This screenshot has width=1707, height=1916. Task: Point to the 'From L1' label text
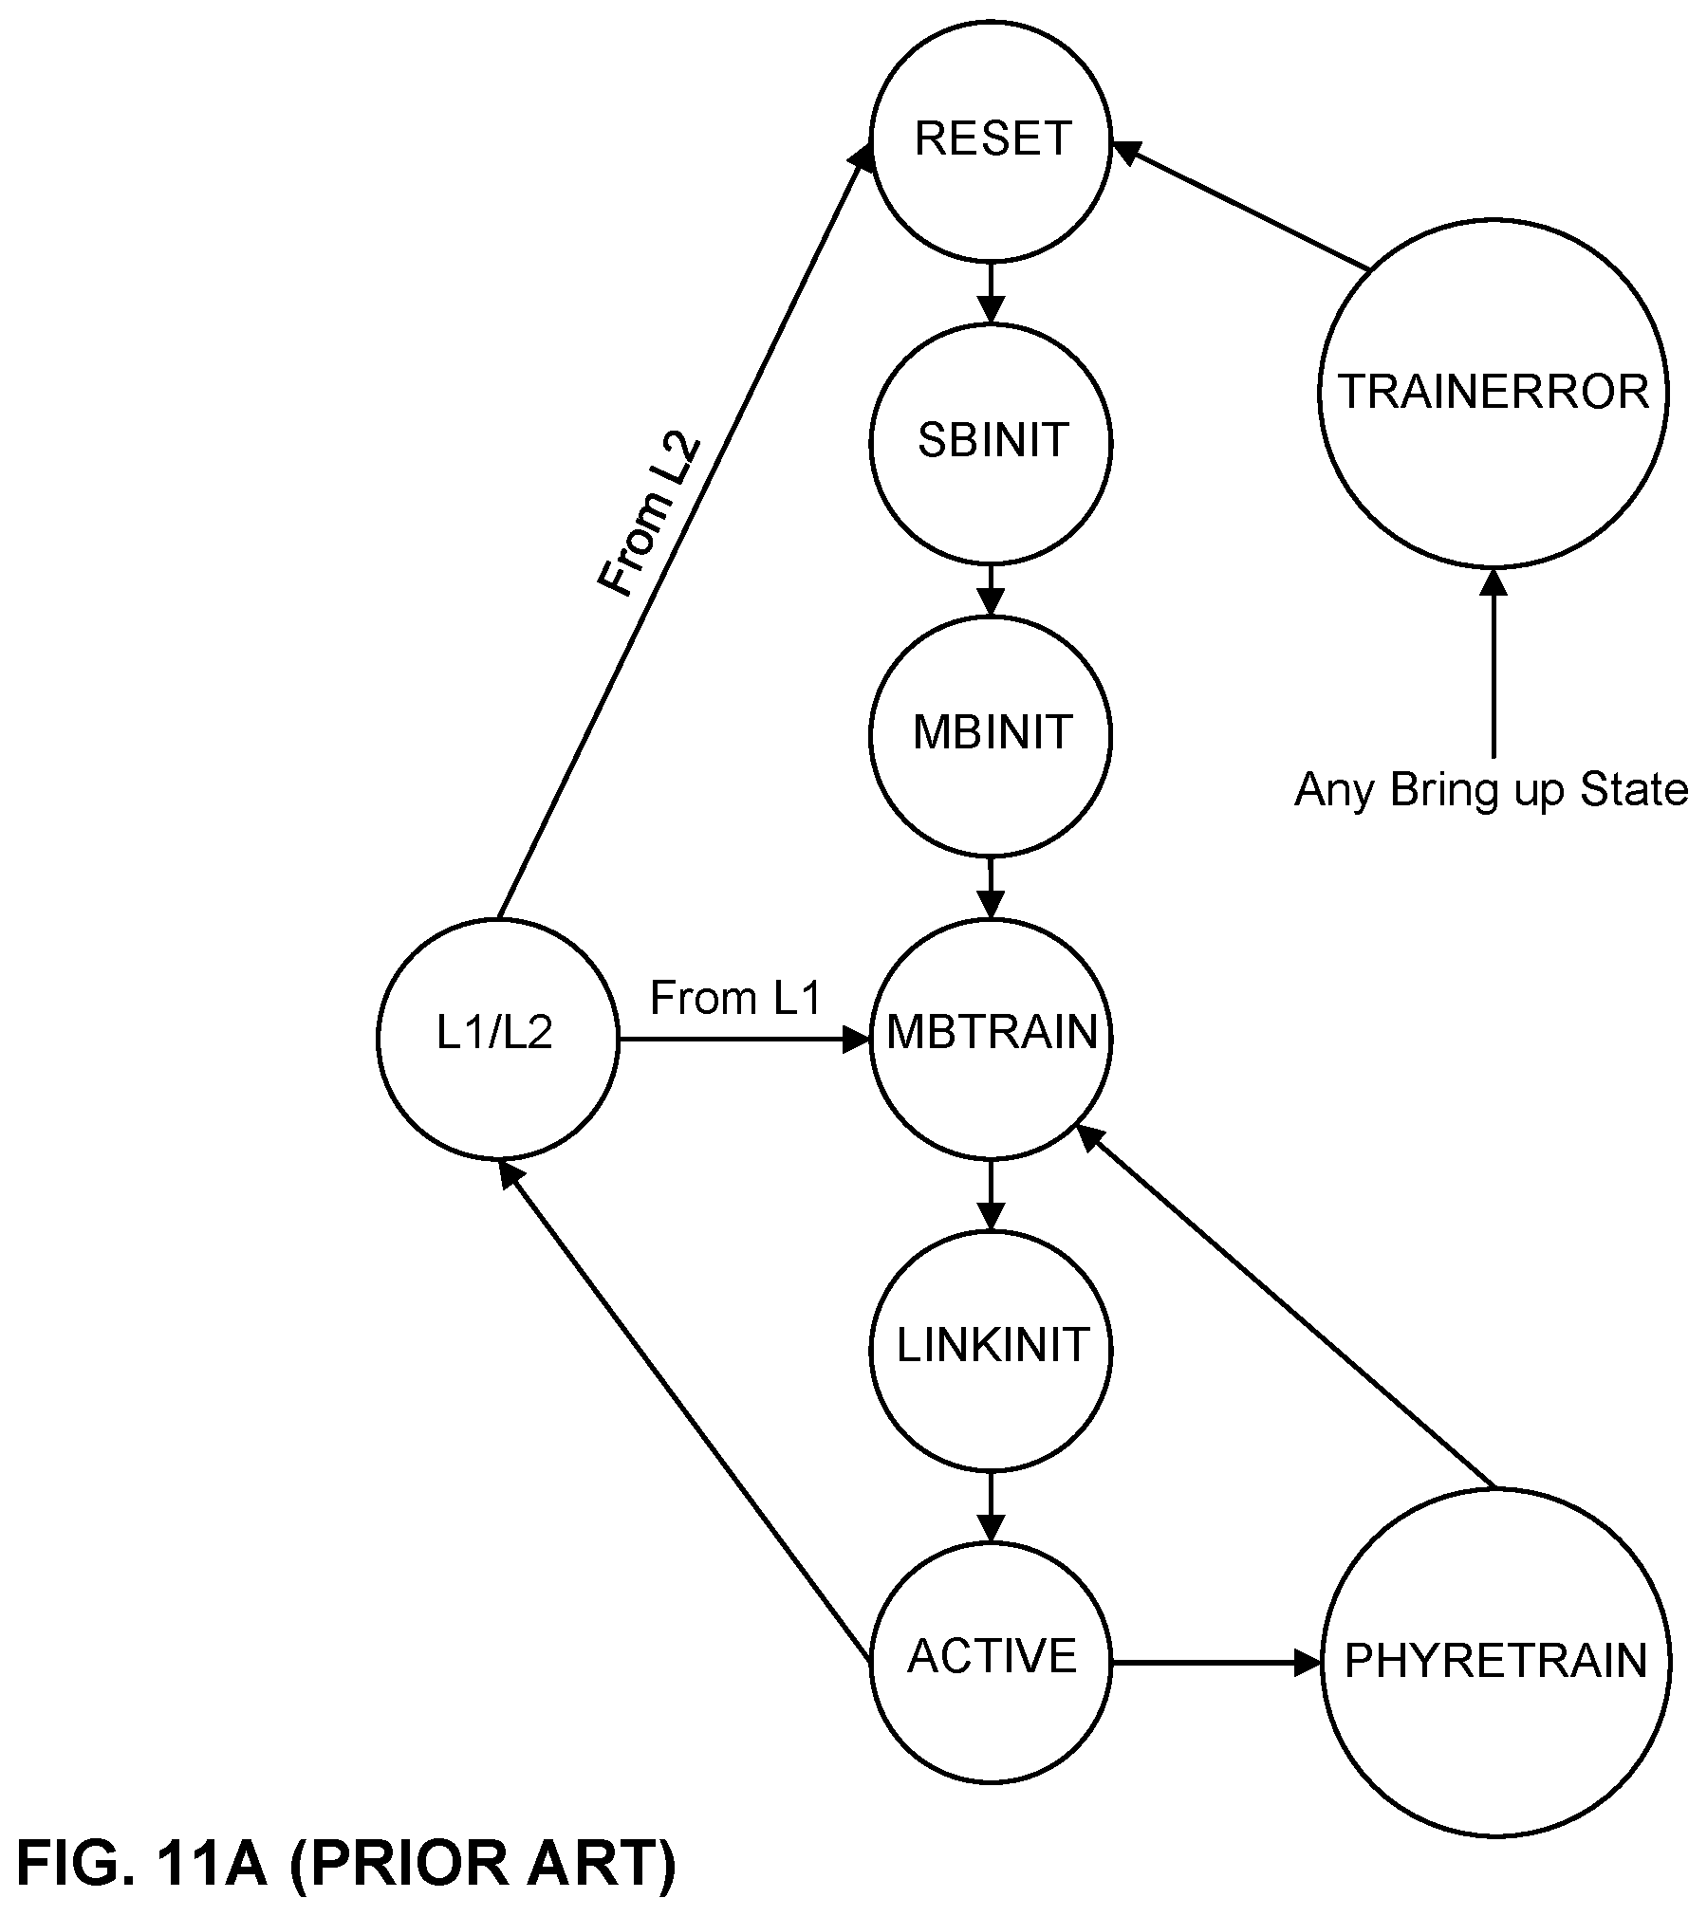735,998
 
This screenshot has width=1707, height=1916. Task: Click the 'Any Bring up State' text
1492,789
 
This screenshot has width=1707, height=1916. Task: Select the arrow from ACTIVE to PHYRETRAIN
1216,1662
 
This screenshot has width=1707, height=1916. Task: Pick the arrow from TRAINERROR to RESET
1241,206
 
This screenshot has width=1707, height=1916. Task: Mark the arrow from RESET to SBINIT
991,292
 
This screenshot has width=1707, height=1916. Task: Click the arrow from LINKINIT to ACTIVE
991,1507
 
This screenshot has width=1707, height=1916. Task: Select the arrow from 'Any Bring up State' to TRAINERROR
1494,663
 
